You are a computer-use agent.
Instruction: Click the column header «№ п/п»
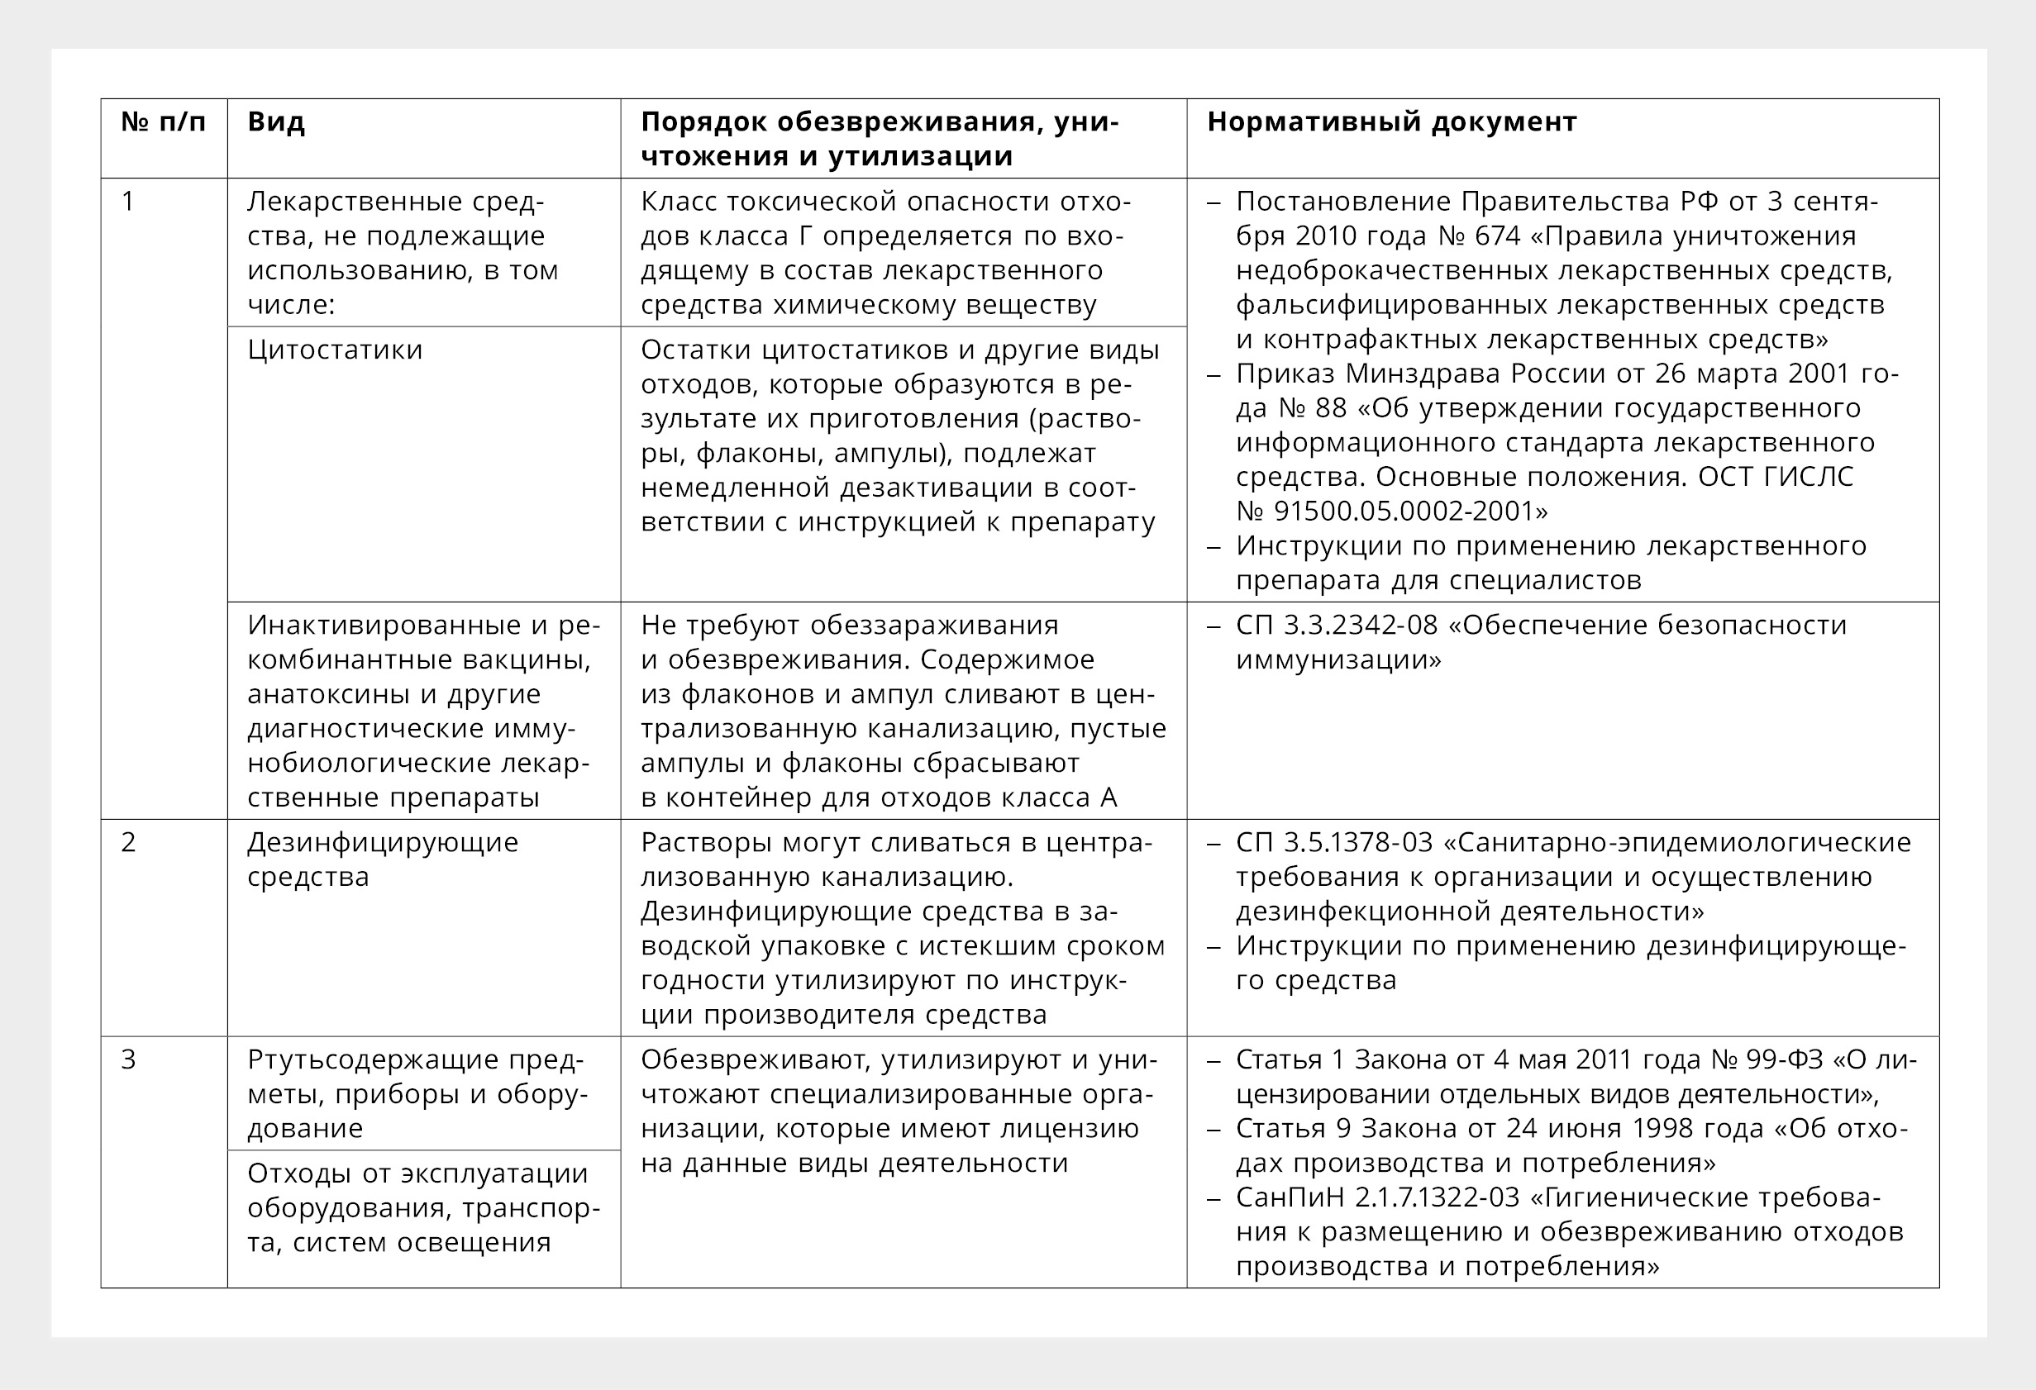click(163, 121)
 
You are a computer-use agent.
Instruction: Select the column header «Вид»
click(276, 121)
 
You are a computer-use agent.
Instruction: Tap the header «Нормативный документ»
click(1391, 121)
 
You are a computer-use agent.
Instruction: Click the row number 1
click(128, 202)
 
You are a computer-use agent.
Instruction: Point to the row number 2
click(128, 843)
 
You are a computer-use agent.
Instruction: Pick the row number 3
click(128, 1059)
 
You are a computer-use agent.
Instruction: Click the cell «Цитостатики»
click(335, 350)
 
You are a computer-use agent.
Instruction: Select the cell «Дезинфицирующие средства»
click(382, 859)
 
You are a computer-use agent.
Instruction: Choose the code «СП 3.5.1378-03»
click(1334, 843)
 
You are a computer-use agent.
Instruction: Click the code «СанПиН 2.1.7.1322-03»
click(1377, 1197)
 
